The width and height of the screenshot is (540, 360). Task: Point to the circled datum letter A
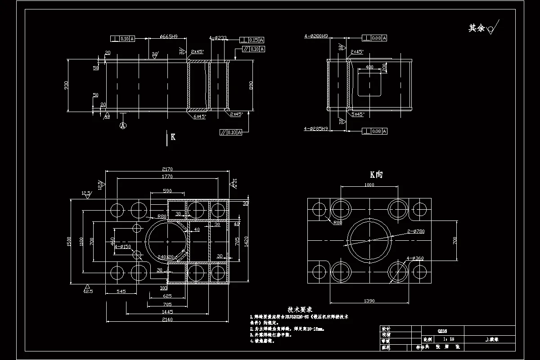[122, 126]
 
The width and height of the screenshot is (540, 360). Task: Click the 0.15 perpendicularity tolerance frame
[252, 39]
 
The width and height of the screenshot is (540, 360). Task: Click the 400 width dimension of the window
[369, 67]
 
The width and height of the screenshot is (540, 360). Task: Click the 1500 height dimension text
[69, 241]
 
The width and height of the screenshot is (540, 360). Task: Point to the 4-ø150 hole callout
[122, 247]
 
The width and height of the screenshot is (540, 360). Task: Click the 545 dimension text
[121, 292]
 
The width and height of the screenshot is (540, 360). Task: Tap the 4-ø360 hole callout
[414, 258]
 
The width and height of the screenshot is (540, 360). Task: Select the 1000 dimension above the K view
[369, 184]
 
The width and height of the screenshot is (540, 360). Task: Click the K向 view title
[376, 175]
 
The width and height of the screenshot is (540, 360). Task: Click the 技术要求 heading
[300, 310]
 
